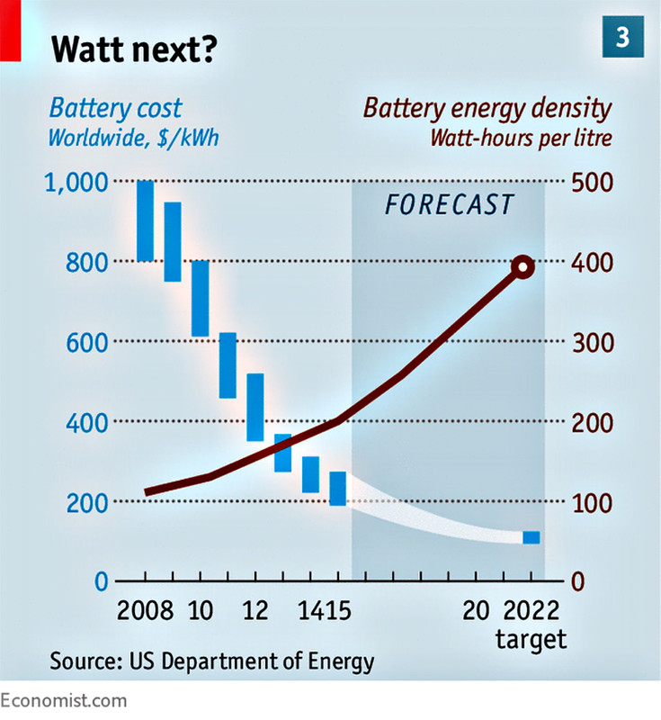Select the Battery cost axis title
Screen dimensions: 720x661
click(x=115, y=110)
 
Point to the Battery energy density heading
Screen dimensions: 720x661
click(x=487, y=110)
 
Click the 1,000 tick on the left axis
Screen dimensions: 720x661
click(x=76, y=183)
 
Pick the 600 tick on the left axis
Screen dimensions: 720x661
click(x=88, y=342)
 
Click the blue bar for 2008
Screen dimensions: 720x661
click(x=145, y=220)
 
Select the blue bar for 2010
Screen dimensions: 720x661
click(x=200, y=298)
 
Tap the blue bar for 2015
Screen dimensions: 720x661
click(x=337, y=488)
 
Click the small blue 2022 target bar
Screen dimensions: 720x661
click(x=531, y=537)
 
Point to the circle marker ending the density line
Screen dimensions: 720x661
click(x=523, y=266)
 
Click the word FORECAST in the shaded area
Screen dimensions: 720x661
click(x=449, y=204)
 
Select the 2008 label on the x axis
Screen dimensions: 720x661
click(x=146, y=611)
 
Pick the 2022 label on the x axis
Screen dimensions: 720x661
click(x=532, y=611)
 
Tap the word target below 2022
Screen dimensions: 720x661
click(x=531, y=640)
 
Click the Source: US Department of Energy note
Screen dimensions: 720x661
click(x=211, y=662)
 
